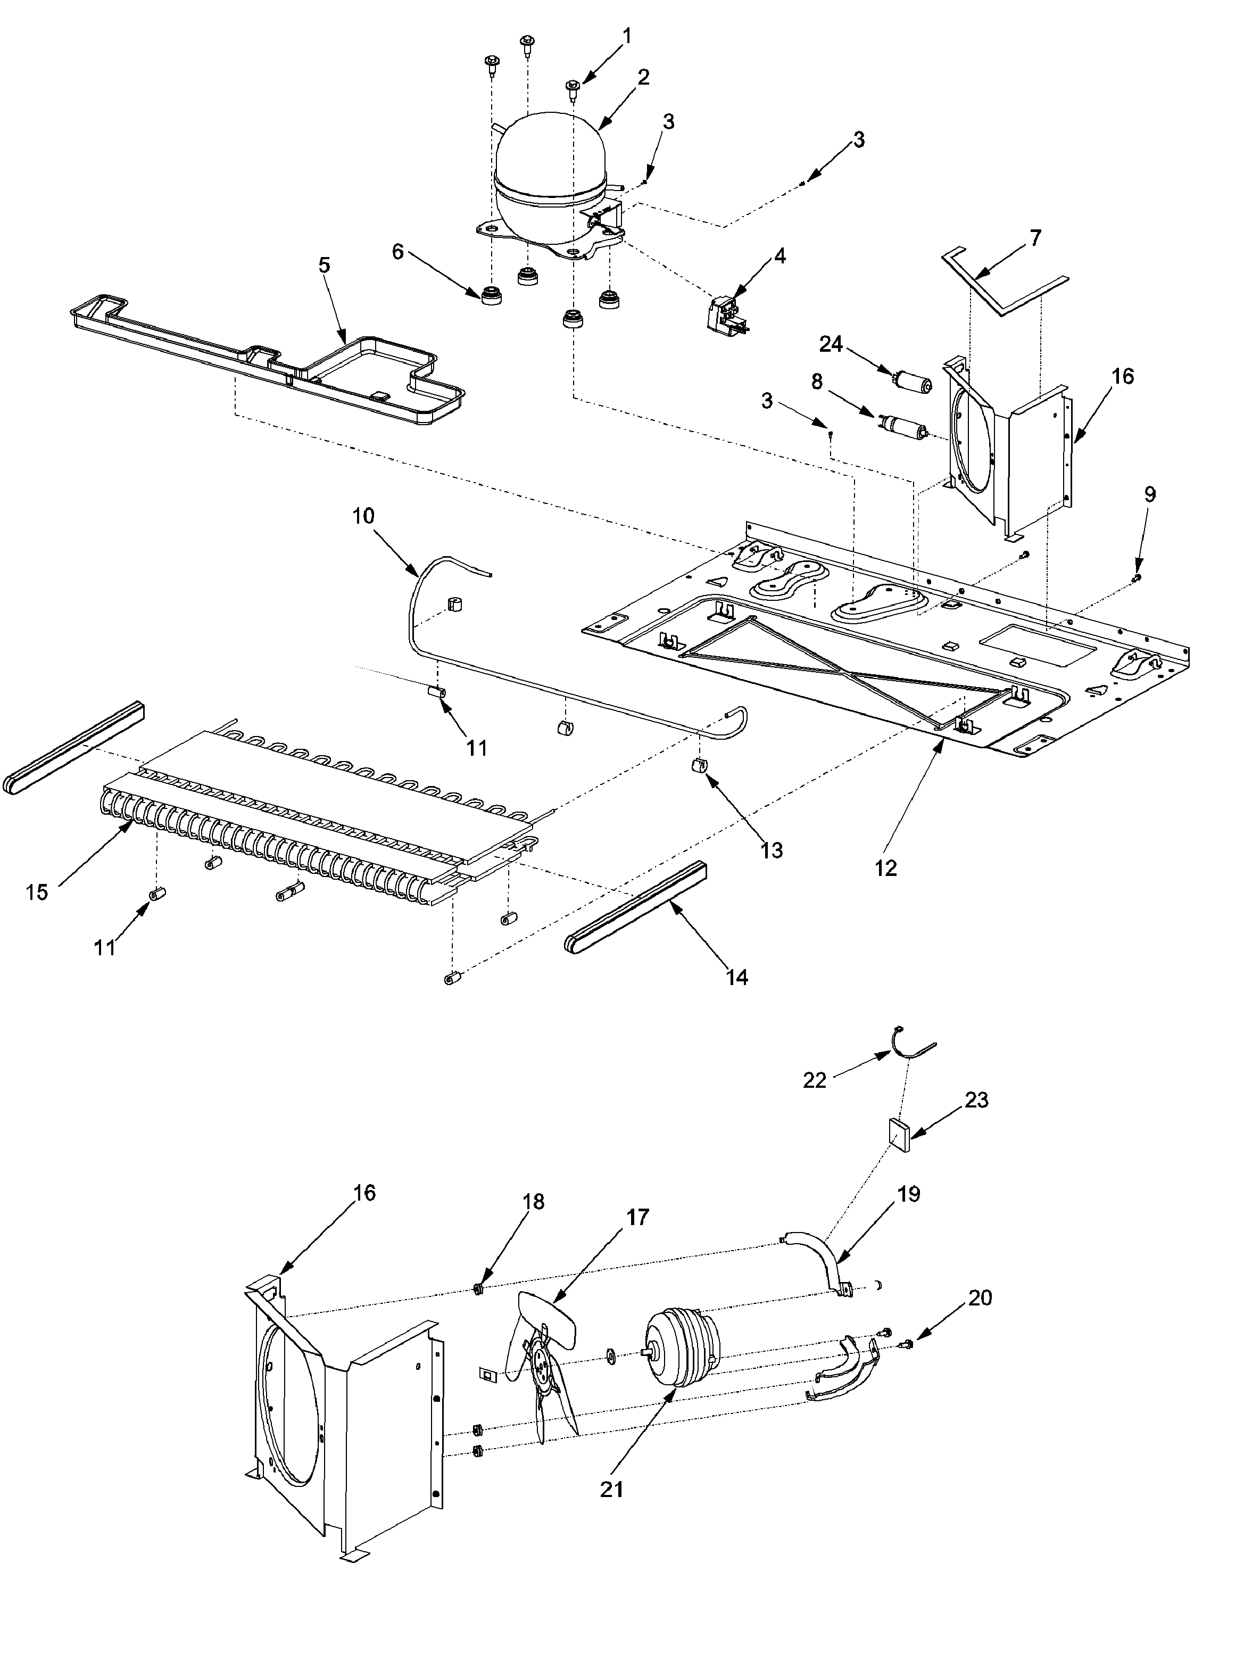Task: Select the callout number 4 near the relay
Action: pos(780,256)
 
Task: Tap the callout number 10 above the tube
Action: pos(363,516)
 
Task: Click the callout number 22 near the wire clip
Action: pos(814,1080)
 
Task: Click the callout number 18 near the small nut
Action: pos(533,1201)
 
